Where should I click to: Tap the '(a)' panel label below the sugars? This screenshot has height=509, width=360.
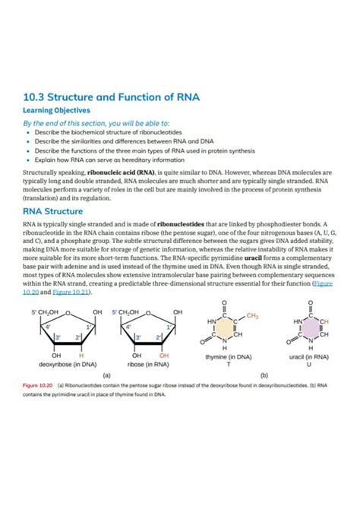click(x=106, y=375)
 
